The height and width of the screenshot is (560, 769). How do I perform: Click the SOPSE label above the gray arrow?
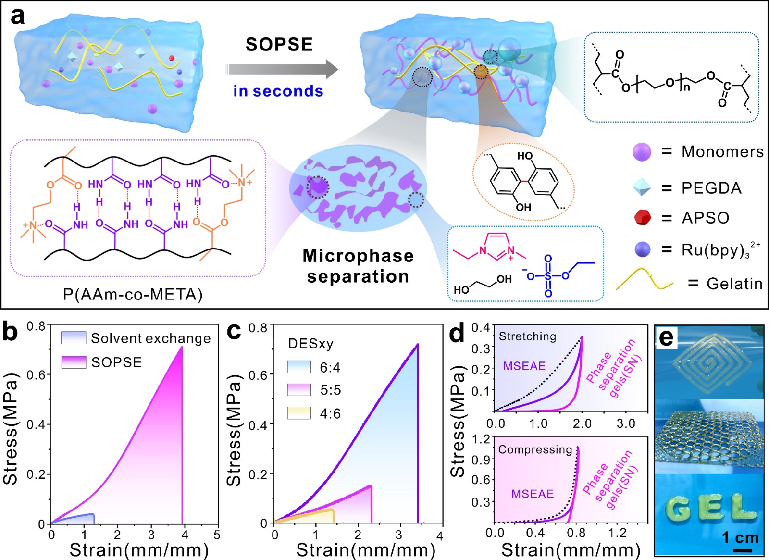[x=279, y=45]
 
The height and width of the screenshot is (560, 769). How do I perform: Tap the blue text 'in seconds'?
[x=278, y=91]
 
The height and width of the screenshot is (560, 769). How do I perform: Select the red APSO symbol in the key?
[x=642, y=217]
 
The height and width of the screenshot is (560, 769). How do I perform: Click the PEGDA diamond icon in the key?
[x=642, y=187]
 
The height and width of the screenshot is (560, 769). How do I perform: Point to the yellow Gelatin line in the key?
[x=644, y=280]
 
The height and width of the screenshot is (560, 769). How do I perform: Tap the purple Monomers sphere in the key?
[x=642, y=152]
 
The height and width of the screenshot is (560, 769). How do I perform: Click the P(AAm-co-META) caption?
[x=133, y=294]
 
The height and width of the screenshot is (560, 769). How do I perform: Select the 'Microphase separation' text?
[x=358, y=266]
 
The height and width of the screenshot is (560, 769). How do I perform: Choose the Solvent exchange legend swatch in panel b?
[x=74, y=337]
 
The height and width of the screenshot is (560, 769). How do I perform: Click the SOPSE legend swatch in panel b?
[x=74, y=362]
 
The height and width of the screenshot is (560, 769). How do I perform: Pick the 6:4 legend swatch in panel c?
[x=299, y=367]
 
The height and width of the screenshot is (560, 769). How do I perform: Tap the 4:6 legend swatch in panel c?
[x=299, y=413]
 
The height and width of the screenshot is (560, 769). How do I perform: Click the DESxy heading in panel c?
[x=310, y=344]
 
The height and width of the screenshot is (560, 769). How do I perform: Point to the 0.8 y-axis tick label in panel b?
[x=36, y=326]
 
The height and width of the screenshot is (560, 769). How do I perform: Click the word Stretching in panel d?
[x=527, y=336]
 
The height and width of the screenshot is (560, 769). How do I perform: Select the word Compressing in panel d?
[x=535, y=449]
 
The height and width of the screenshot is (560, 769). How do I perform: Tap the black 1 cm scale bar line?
[x=743, y=550]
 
